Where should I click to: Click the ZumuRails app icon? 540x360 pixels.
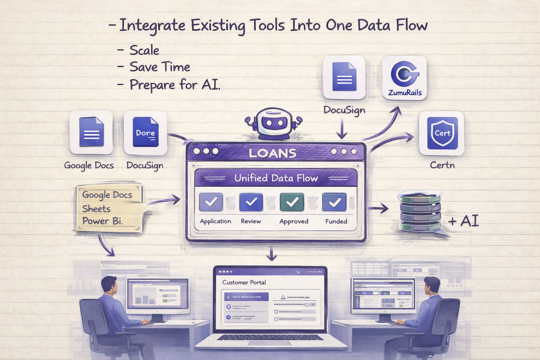click(405, 78)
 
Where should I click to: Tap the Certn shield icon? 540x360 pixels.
click(442, 133)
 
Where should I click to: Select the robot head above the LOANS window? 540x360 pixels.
click(274, 123)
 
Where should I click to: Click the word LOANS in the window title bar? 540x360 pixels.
click(272, 153)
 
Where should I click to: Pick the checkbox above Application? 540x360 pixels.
click(211, 202)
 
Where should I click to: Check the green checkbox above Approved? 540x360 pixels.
click(292, 202)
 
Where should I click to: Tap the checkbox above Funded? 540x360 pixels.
click(334, 202)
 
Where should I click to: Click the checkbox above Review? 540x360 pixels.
click(251, 202)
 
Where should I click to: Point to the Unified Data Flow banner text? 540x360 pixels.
click(276, 178)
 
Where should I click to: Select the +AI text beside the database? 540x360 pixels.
click(464, 221)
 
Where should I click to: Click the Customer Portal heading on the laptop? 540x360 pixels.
click(244, 282)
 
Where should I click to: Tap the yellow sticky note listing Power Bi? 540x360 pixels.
click(109, 208)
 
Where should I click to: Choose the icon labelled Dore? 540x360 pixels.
click(145, 133)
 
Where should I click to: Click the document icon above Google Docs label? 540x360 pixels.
click(91, 132)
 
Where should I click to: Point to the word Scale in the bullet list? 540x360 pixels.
click(144, 50)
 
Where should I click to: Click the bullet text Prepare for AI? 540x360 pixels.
click(175, 85)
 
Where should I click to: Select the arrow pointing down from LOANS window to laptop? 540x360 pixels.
click(271, 254)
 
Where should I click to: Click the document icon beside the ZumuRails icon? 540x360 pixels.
click(344, 77)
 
